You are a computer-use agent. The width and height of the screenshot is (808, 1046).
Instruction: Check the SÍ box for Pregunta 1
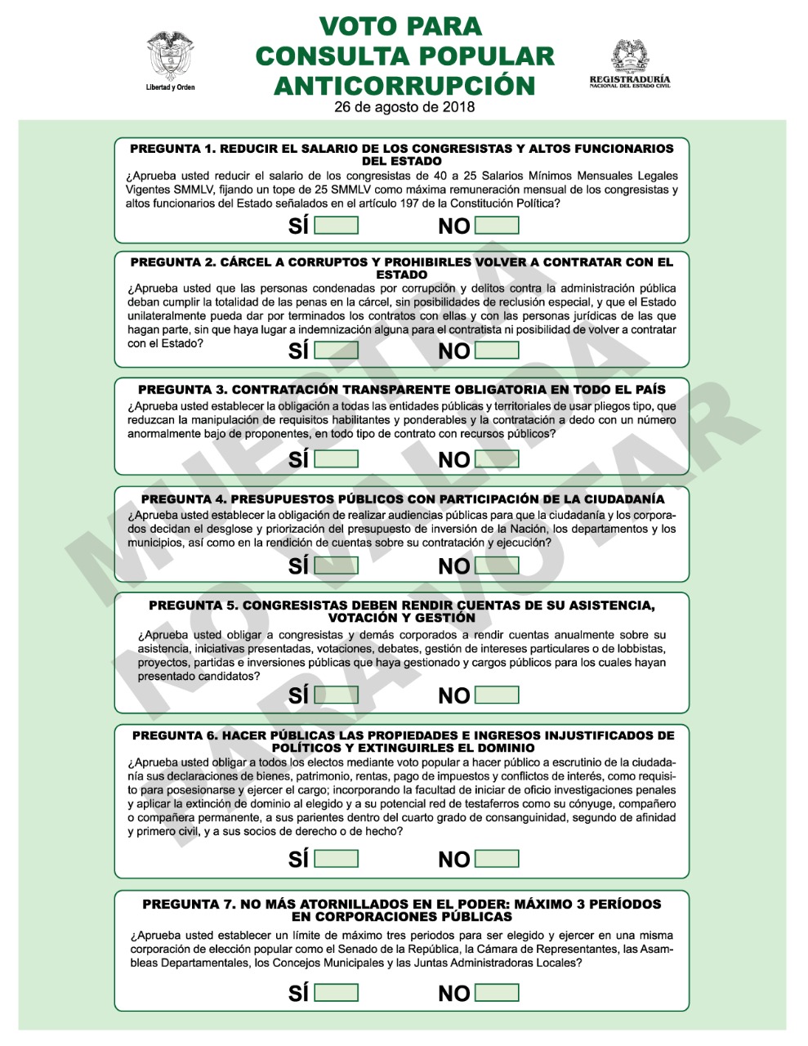tap(336, 225)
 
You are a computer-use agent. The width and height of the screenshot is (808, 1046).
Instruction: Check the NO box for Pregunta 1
tap(497, 225)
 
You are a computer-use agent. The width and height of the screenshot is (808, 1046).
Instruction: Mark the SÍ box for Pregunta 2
tap(336, 350)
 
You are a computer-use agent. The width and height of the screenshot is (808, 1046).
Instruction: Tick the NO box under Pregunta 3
tap(497, 458)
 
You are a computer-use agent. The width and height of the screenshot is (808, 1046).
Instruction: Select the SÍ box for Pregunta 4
tap(336, 565)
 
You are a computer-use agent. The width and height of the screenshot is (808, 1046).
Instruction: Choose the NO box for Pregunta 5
tap(497, 695)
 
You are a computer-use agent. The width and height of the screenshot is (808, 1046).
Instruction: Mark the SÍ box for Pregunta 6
tap(336, 858)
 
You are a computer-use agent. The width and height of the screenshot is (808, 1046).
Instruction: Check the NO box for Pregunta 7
tap(497, 992)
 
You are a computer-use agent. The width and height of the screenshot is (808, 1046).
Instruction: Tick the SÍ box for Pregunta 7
tap(336, 992)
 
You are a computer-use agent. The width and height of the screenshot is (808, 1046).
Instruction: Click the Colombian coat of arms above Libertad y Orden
tap(170, 56)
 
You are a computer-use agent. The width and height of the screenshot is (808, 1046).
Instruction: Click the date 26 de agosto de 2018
tap(404, 107)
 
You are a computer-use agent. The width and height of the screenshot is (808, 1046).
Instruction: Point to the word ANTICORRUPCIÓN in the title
tap(404, 85)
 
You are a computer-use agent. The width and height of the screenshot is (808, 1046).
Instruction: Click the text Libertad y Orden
tap(170, 87)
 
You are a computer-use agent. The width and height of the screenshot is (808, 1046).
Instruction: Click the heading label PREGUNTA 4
tap(183, 499)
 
